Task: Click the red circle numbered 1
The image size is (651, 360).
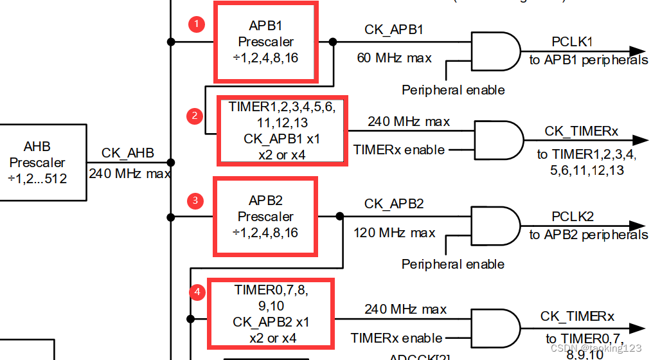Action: tap(196, 24)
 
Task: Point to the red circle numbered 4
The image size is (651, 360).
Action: tap(197, 292)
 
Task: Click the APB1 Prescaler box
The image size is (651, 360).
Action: tap(266, 42)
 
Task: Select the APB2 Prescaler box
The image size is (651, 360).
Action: tap(266, 217)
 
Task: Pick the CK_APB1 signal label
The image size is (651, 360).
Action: tap(394, 30)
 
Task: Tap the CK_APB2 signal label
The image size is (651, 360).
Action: tap(394, 204)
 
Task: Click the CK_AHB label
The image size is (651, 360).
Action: tap(128, 153)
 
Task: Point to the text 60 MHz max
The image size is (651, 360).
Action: tap(394, 58)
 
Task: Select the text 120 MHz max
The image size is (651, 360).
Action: tap(394, 233)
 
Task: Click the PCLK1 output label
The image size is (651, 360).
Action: tap(572, 42)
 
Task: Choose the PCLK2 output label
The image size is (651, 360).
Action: tap(572, 217)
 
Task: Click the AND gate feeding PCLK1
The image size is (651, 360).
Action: tap(495, 51)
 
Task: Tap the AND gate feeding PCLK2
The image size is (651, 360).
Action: tap(495, 226)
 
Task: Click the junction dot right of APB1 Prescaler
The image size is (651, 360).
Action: tap(333, 42)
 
